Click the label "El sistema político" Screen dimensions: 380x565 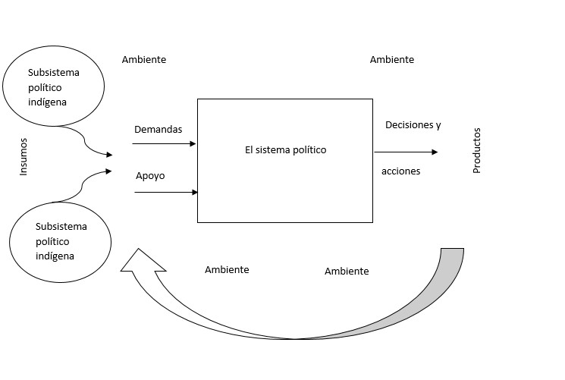[285, 150]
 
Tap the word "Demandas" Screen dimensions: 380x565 [158, 130]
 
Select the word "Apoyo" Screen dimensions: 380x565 [150, 176]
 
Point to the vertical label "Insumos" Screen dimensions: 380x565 [24, 156]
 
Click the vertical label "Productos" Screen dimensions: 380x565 [477, 150]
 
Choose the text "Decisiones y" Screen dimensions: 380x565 [413, 124]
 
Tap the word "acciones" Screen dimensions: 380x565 [400, 171]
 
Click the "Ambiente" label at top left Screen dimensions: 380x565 [144, 59]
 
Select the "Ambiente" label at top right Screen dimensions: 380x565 [392, 59]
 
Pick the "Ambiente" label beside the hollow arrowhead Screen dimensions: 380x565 [227, 269]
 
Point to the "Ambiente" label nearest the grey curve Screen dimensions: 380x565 [347, 271]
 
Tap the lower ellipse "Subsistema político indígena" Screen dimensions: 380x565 [61, 240]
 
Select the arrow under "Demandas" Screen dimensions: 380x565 [165, 143]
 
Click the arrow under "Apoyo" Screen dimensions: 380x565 [165, 193]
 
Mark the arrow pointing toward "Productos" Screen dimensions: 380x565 [406, 152]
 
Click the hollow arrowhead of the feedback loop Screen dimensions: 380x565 [142, 262]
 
